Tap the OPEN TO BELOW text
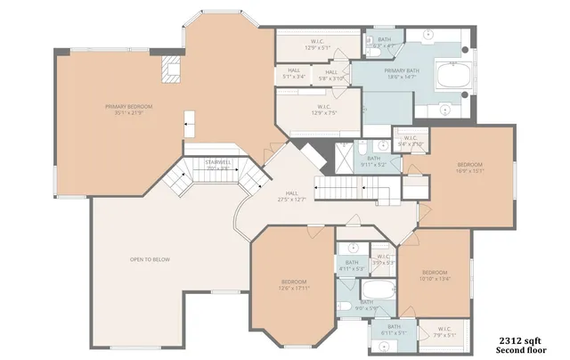click(x=149, y=259)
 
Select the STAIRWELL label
click(x=218, y=161)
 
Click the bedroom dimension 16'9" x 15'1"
click(x=469, y=172)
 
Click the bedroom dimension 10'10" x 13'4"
click(x=434, y=278)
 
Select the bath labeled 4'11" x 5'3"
click(x=351, y=265)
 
